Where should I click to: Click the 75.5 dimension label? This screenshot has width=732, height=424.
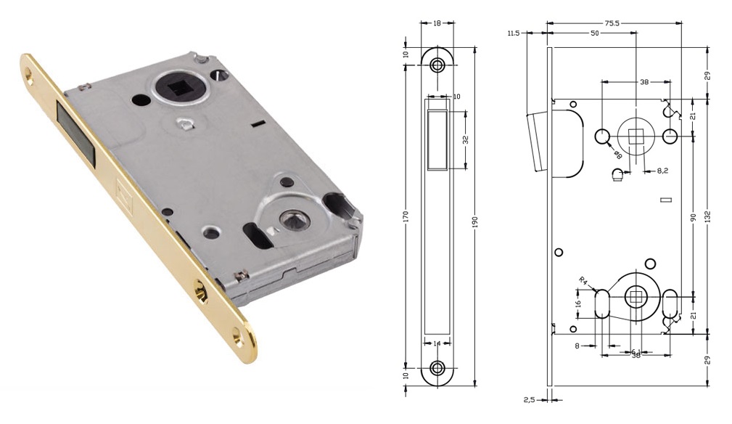coord(612,23)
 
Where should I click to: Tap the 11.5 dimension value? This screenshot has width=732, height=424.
coord(513,33)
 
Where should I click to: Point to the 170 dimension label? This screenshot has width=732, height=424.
coord(406,216)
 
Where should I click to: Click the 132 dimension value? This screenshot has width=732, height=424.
coord(708,216)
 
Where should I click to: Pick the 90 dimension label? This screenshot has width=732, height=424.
coord(694,217)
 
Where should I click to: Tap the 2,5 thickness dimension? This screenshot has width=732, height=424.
coord(530,400)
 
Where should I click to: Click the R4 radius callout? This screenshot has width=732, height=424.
coord(583,281)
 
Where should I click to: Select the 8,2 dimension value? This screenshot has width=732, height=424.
coord(662,171)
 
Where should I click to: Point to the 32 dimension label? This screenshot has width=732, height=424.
coord(466,139)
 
